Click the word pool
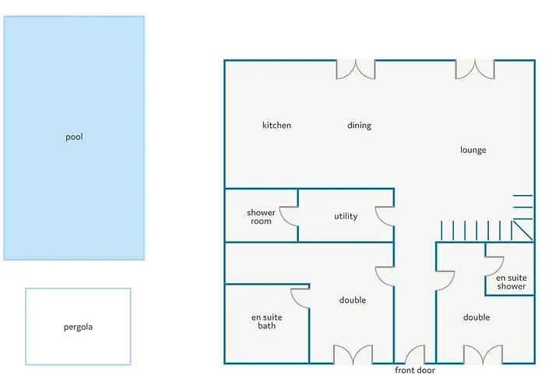[75, 136]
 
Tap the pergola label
[78, 327]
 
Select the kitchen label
[276, 125]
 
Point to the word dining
[360, 126]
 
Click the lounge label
[473, 150]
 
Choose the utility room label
[346, 216]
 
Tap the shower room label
[261, 217]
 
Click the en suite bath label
[266, 321]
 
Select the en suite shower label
[512, 282]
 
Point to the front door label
[415, 370]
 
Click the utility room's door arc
[380, 220]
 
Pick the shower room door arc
[283, 220]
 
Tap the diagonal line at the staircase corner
[522, 230]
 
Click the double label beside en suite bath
[353, 300]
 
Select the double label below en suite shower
[476, 317]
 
